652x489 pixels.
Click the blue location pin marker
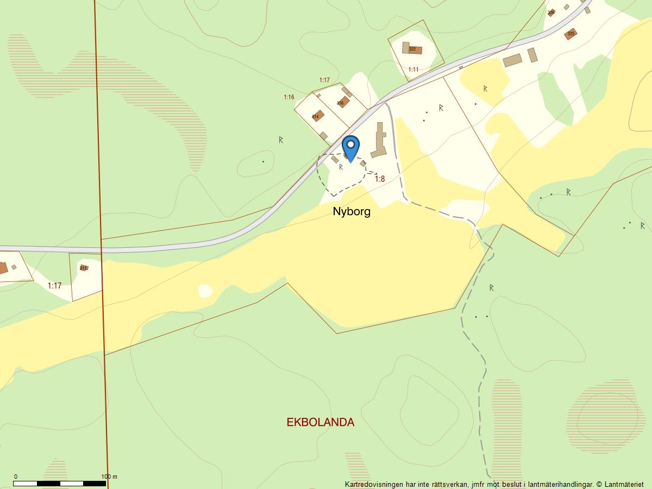tap(351, 147)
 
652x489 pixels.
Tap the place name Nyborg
tap(352, 211)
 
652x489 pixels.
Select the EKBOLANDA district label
tap(320, 422)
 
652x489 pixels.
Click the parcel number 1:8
tap(379, 179)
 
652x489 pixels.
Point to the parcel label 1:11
tap(413, 70)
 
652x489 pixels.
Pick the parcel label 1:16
tap(289, 97)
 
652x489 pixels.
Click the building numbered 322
tap(412, 49)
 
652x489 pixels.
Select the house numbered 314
tap(317, 116)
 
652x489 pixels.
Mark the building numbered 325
tap(570, 34)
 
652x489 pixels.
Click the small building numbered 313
tap(84, 268)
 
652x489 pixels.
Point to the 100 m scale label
tap(109, 477)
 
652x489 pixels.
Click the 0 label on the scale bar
tap(15, 477)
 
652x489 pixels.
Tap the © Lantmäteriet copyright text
tap(619, 484)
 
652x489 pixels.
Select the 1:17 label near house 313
tap(54, 285)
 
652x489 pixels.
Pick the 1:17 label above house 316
tap(324, 80)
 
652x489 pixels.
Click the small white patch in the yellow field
tap(205, 291)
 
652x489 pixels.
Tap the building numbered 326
tap(551, 12)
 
